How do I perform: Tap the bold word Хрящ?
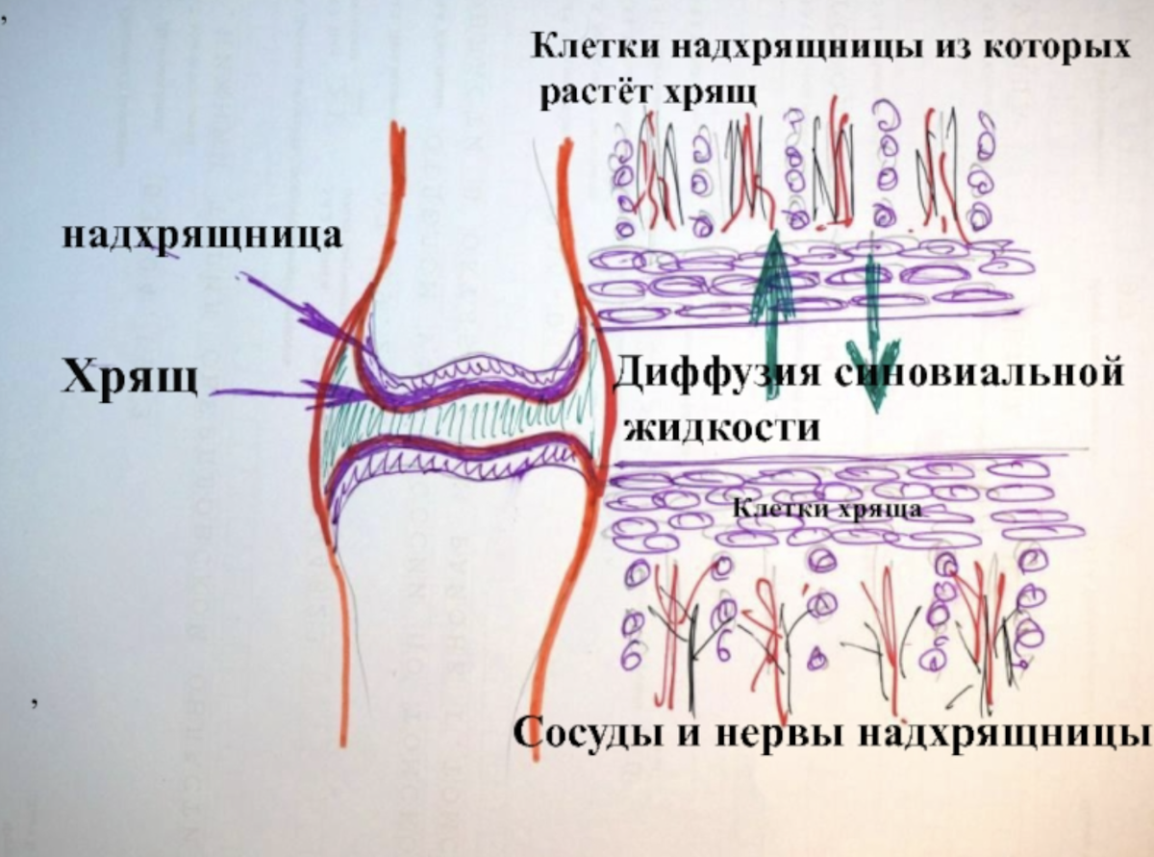(x=130, y=376)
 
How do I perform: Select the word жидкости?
(x=722, y=426)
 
